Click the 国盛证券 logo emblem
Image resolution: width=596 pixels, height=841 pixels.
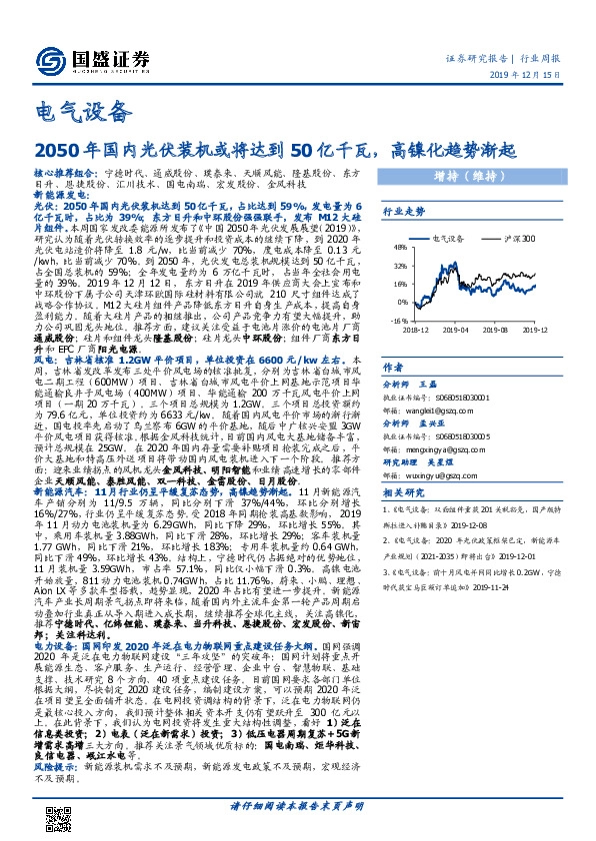[48, 56]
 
